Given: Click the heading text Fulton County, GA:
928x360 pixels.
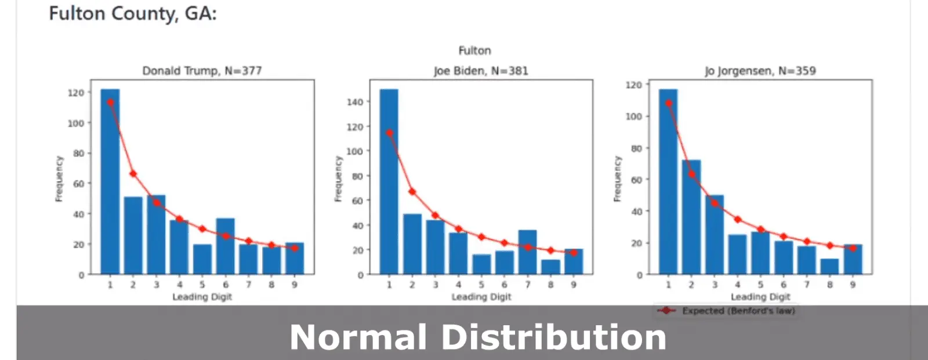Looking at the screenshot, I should pyautogui.click(x=132, y=13).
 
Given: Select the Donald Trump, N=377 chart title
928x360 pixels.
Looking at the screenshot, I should pyautogui.click(x=202, y=71).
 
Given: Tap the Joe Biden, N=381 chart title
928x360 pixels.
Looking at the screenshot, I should pyautogui.click(x=481, y=71).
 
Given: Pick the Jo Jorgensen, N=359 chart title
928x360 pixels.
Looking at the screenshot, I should pyautogui.click(x=760, y=71).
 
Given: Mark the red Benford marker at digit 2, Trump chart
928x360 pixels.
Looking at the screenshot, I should pyautogui.click(x=133, y=174).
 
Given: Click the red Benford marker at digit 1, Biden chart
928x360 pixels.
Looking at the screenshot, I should pyautogui.click(x=389, y=133).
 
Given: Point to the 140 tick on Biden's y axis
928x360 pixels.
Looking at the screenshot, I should pyautogui.click(x=355, y=102).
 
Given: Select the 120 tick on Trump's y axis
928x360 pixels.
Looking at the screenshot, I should pyautogui.click(x=76, y=93).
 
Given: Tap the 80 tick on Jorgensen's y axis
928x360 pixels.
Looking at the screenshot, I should pyautogui.click(x=637, y=148).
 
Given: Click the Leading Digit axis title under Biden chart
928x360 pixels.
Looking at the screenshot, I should pyautogui.click(x=481, y=297).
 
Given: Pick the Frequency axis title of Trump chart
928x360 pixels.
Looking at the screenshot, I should pyautogui.click(x=59, y=179).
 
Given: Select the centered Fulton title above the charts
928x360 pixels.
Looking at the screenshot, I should pyautogui.click(x=474, y=50).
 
